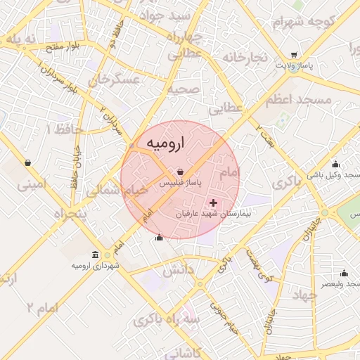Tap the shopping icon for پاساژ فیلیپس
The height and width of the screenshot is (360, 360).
click(181, 171)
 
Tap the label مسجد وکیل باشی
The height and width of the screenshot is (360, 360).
click(334, 174)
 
